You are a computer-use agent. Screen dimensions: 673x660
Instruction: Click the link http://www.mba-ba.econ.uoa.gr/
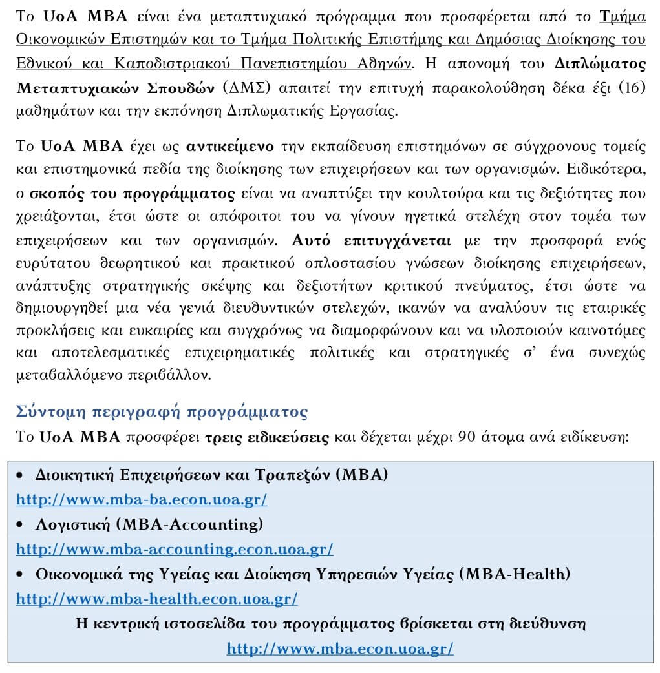[x=141, y=499]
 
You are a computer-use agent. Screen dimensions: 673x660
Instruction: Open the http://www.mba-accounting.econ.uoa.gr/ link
[x=175, y=549]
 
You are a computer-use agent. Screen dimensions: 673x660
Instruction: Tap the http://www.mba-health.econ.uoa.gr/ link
[x=156, y=599]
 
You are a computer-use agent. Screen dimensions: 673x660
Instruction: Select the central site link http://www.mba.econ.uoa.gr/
[x=340, y=648]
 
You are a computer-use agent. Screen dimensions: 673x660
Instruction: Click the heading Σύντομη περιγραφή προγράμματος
[x=162, y=412]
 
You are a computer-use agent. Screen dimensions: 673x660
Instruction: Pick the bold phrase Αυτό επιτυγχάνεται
[x=372, y=241]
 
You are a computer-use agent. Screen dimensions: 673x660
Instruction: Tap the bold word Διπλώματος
[x=600, y=64]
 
